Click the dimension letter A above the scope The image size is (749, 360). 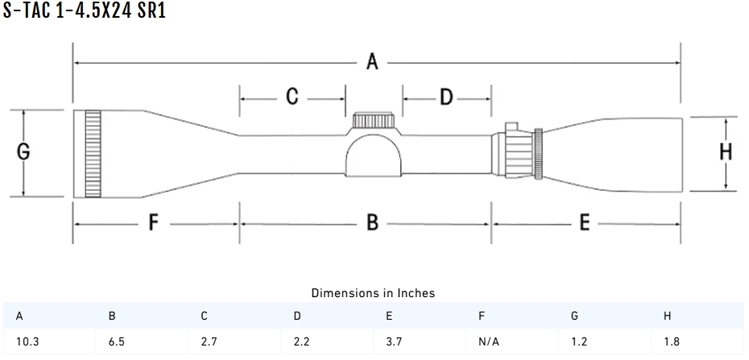[x=372, y=61]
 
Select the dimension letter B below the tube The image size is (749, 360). [x=372, y=222]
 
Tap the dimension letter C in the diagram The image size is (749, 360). [x=292, y=97]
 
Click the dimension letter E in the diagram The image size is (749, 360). [x=586, y=222]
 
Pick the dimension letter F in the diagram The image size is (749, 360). [x=153, y=222]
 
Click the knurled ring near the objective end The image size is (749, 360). [x=93, y=153]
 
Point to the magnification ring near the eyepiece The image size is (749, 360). [x=536, y=152]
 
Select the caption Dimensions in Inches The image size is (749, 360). [x=373, y=293]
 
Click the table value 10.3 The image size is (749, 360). [x=27, y=341]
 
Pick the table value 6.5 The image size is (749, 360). [x=116, y=341]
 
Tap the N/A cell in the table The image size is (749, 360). [x=489, y=341]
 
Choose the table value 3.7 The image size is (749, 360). [x=395, y=341]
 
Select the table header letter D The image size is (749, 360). [x=297, y=317]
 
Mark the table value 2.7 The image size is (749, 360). [x=209, y=341]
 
